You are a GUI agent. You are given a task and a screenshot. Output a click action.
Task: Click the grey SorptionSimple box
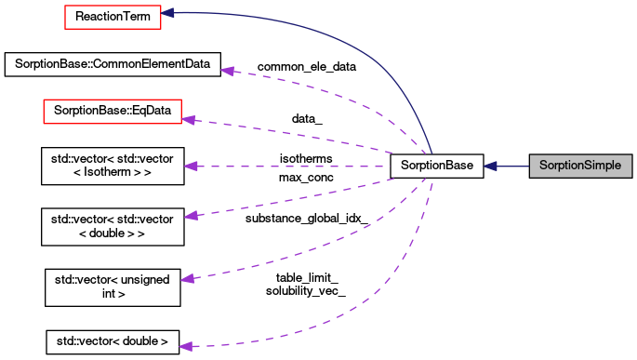580,166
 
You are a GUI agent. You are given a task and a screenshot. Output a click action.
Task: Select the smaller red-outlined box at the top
113,17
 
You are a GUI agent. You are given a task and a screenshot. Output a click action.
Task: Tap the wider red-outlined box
112,112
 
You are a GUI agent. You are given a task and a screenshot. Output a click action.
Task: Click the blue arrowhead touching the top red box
168,13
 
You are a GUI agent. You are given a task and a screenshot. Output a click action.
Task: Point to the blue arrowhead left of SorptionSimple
490,166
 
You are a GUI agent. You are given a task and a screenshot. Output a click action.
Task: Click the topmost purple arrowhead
227,71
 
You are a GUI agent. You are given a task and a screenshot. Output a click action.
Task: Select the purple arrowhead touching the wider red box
188,119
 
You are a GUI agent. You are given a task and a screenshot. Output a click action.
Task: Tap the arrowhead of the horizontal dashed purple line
191,167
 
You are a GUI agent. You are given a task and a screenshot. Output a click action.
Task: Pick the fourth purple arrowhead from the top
191,216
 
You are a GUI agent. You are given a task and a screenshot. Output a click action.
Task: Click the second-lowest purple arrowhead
188,278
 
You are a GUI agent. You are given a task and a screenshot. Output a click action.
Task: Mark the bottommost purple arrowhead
185,346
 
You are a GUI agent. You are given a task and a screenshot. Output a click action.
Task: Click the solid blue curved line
353,47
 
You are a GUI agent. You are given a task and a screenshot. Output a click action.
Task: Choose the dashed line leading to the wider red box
298,136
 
